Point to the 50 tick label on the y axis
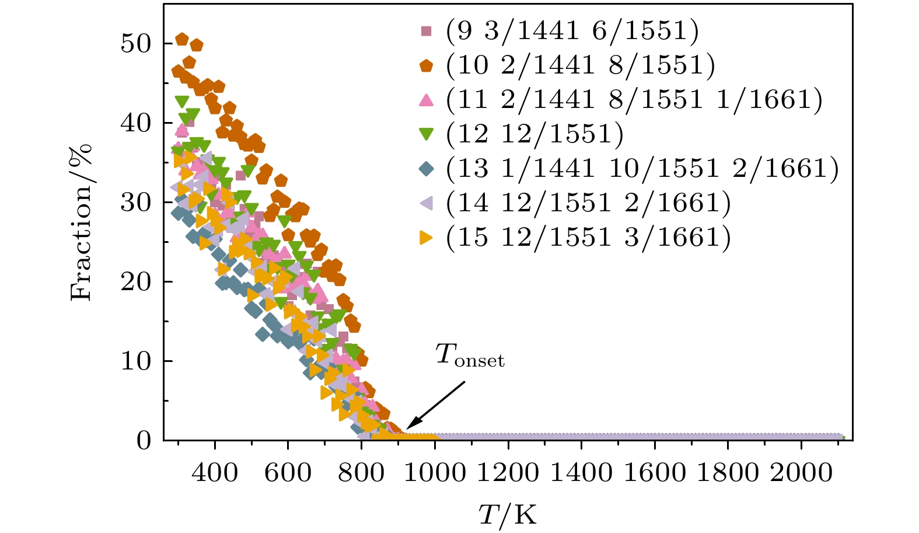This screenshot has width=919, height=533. (136, 44)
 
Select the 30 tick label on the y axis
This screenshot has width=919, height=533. (136, 203)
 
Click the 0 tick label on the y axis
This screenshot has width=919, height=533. (144, 441)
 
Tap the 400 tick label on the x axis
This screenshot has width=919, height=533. (215, 472)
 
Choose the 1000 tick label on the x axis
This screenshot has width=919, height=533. (434, 472)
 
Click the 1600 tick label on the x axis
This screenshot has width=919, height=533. (654, 472)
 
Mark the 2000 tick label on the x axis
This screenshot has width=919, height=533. (801, 472)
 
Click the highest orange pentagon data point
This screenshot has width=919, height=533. (182, 39)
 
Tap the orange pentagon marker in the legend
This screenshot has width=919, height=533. (427, 65)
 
